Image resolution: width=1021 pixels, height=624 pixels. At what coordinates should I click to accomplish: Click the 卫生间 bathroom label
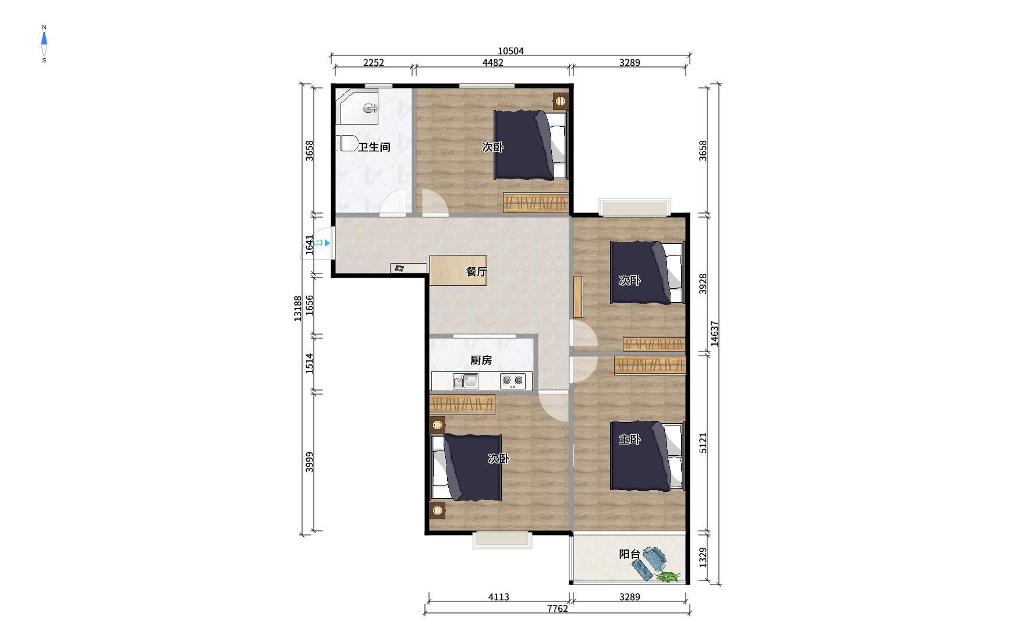pyautogui.click(x=374, y=147)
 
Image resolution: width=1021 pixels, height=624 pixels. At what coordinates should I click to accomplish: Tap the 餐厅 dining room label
pyautogui.click(x=477, y=272)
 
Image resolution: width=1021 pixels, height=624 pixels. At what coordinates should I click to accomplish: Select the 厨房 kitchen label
pyautogui.click(x=481, y=360)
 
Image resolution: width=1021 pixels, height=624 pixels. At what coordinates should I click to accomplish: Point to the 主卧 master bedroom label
pyautogui.click(x=629, y=439)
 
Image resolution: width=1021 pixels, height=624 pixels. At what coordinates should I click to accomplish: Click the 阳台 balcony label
pyautogui.click(x=629, y=554)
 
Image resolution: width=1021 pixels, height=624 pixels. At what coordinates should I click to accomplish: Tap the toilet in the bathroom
pyautogui.click(x=347, y=143)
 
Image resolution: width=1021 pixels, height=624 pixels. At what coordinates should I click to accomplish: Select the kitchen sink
pyautogui.click(x=466, y=381)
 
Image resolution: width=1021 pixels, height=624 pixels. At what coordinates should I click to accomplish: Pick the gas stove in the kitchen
pyautogui.click(x=513, y=381)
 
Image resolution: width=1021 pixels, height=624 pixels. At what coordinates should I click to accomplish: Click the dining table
pyautogui.click(x=458, y=270)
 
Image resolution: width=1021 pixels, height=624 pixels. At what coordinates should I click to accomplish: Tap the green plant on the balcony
pyautogui.click(x=668, y=577)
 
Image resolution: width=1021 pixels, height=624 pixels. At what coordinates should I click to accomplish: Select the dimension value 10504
pyautogui.click(x=510, y=51)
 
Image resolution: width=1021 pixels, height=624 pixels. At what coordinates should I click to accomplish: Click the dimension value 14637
pyautogui.click(x=715, y=334)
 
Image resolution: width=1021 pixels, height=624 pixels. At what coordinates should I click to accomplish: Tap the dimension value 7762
pyautogui.click(x=557, y=609)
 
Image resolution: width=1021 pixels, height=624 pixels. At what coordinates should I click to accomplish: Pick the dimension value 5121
pyautogui.click(x=703, y=443)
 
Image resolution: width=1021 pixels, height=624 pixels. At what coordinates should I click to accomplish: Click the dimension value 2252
pyautogui.click(x=374, y=63)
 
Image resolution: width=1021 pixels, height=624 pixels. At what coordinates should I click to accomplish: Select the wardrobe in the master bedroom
pyautogui.click(x=650, y=366)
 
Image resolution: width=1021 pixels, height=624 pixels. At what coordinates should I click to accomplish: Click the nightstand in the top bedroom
pyautogui.click(x=561, y=102)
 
